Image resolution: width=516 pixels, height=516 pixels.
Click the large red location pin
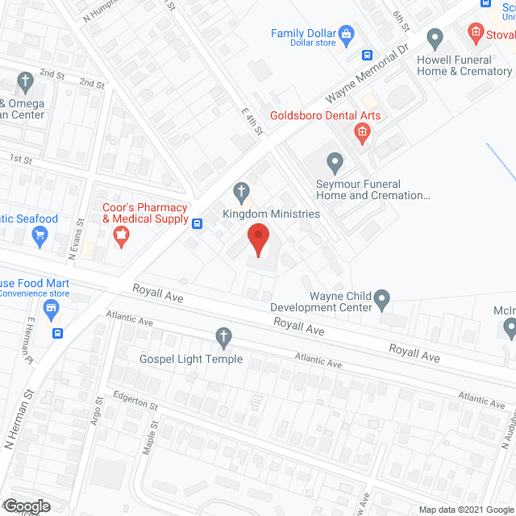coord(258,239)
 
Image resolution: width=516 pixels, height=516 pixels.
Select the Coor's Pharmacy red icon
coord(121,235)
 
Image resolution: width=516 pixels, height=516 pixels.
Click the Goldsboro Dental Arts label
coord(325,115)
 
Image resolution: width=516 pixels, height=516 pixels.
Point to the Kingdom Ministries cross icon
coord(240,192)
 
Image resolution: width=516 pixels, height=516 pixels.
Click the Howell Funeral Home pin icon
coord(435,38)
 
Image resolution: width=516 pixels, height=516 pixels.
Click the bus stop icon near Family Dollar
coord(367,56)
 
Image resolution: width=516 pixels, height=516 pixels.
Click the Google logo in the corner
coord(26,506)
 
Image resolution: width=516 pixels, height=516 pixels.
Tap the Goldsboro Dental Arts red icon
coord(362,133)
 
